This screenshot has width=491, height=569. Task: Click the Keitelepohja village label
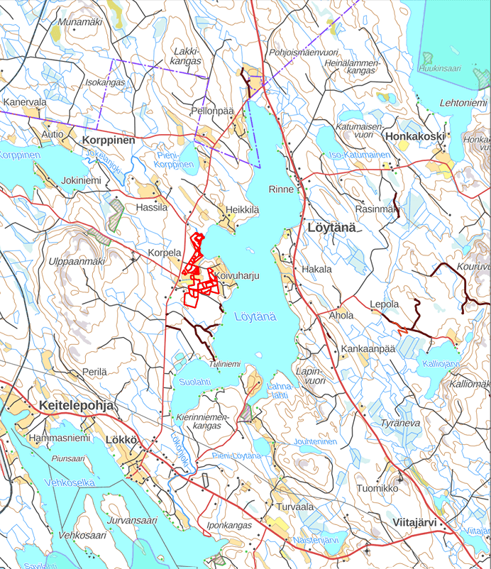73,405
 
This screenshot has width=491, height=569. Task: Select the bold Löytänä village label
334,227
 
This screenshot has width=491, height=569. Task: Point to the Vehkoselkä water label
70,482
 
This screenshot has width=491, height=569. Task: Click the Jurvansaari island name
131,520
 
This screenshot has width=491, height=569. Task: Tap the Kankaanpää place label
367,350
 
